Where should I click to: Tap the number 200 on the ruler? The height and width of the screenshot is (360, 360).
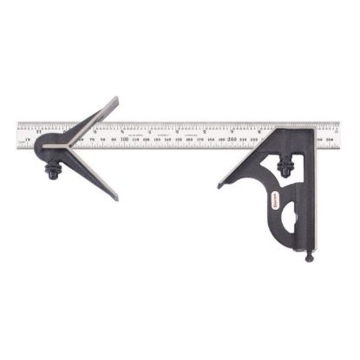[233, 137]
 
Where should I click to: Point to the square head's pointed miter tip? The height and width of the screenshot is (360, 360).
[219, 186]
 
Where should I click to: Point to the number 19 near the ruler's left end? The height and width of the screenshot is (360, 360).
[29, 139]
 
